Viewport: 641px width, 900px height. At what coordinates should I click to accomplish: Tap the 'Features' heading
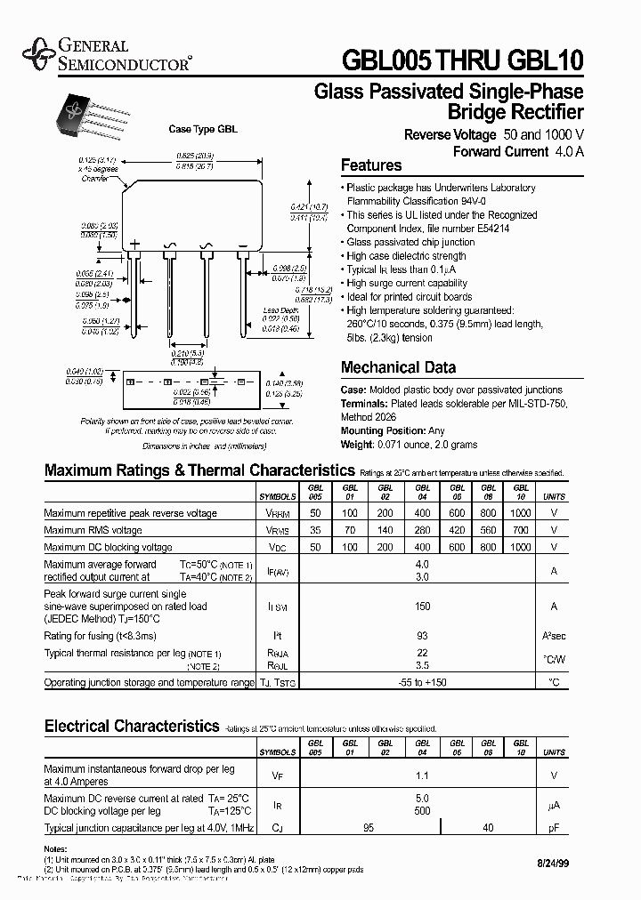pos(371,165)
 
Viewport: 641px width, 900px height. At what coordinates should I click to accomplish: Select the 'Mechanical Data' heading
pos(398,367)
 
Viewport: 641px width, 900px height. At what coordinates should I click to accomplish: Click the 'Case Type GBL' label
pos(203,129)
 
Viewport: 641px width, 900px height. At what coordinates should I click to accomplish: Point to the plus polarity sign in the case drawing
pos(135,244)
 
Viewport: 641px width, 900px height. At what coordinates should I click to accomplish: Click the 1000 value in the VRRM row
pos(521,514)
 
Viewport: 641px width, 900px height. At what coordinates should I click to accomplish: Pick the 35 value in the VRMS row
pos(315,530)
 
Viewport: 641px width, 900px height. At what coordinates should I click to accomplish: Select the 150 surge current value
pos(422,606)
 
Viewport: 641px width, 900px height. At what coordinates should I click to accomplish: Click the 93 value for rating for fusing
pos(422,636)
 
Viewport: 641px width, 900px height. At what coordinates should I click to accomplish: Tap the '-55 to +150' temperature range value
pos(422,683)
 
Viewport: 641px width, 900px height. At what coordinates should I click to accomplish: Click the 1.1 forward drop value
pos(422,775)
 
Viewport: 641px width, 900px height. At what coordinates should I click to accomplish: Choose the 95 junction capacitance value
pos(369,829)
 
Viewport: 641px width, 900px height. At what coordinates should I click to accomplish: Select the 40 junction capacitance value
pos(488,829)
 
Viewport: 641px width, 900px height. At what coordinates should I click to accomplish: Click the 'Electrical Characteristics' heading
pos(132,727)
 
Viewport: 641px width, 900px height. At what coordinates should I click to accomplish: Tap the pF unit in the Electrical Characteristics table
pos(554,829)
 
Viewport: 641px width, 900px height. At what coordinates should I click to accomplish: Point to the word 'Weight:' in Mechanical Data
pos(358,444)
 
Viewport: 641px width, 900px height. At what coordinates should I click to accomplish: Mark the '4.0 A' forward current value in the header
pos(567,151)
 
